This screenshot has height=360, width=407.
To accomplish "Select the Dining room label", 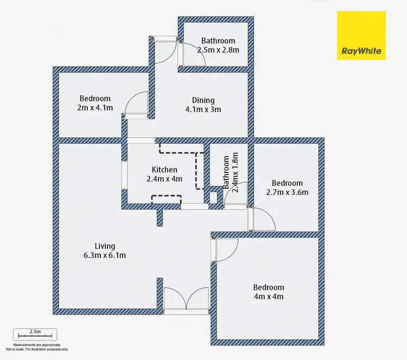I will [x=203, y=100].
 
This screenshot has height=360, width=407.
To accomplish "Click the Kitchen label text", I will [x=164, y=170].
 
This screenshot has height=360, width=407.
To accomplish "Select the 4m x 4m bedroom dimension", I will [x=269, y=297].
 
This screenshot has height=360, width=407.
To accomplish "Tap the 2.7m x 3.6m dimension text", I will [x=287, y=192].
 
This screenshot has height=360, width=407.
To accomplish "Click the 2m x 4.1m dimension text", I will [x=95, y=107].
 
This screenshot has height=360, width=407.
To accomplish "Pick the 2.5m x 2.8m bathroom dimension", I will [x=218, y=49].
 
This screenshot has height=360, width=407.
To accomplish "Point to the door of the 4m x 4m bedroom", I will [x=225, y=249].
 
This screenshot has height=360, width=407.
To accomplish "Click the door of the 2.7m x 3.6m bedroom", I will [x=263, y=219].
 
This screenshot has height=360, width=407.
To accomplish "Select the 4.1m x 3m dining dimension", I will [x=203, y=109].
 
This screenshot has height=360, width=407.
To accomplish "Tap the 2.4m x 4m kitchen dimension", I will [x=164, y=179].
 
